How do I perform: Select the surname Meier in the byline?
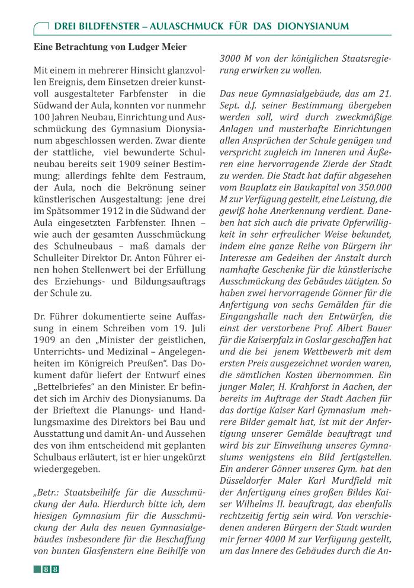click(x=174, y=47)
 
